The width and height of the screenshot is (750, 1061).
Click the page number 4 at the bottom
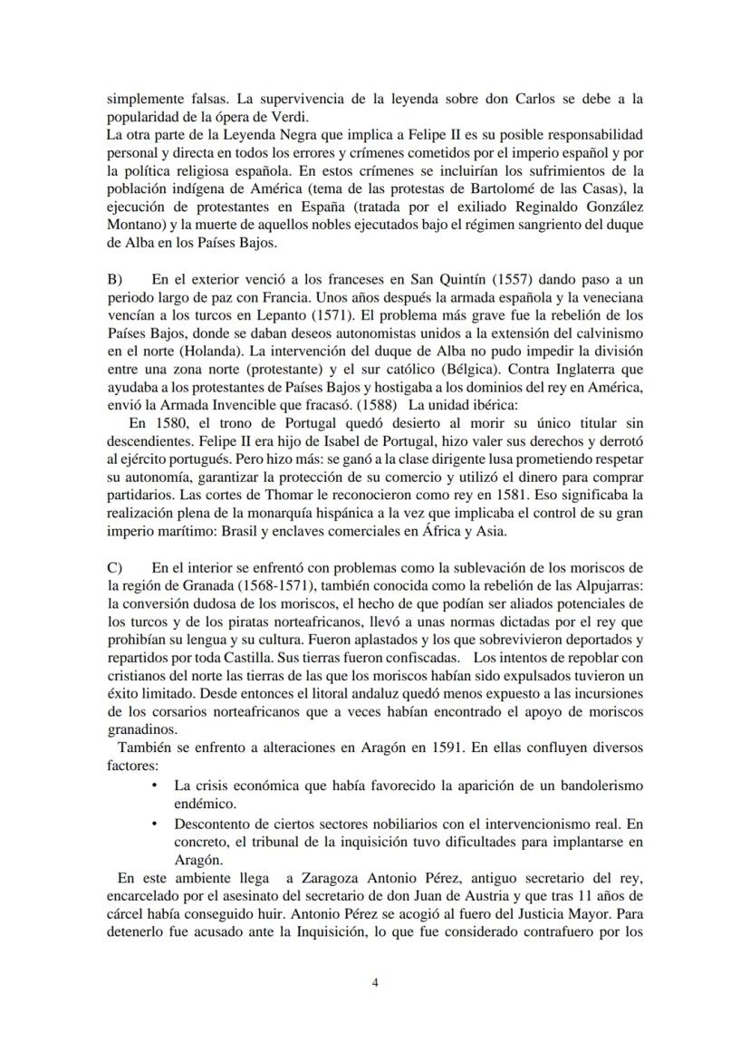click(375, 981)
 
